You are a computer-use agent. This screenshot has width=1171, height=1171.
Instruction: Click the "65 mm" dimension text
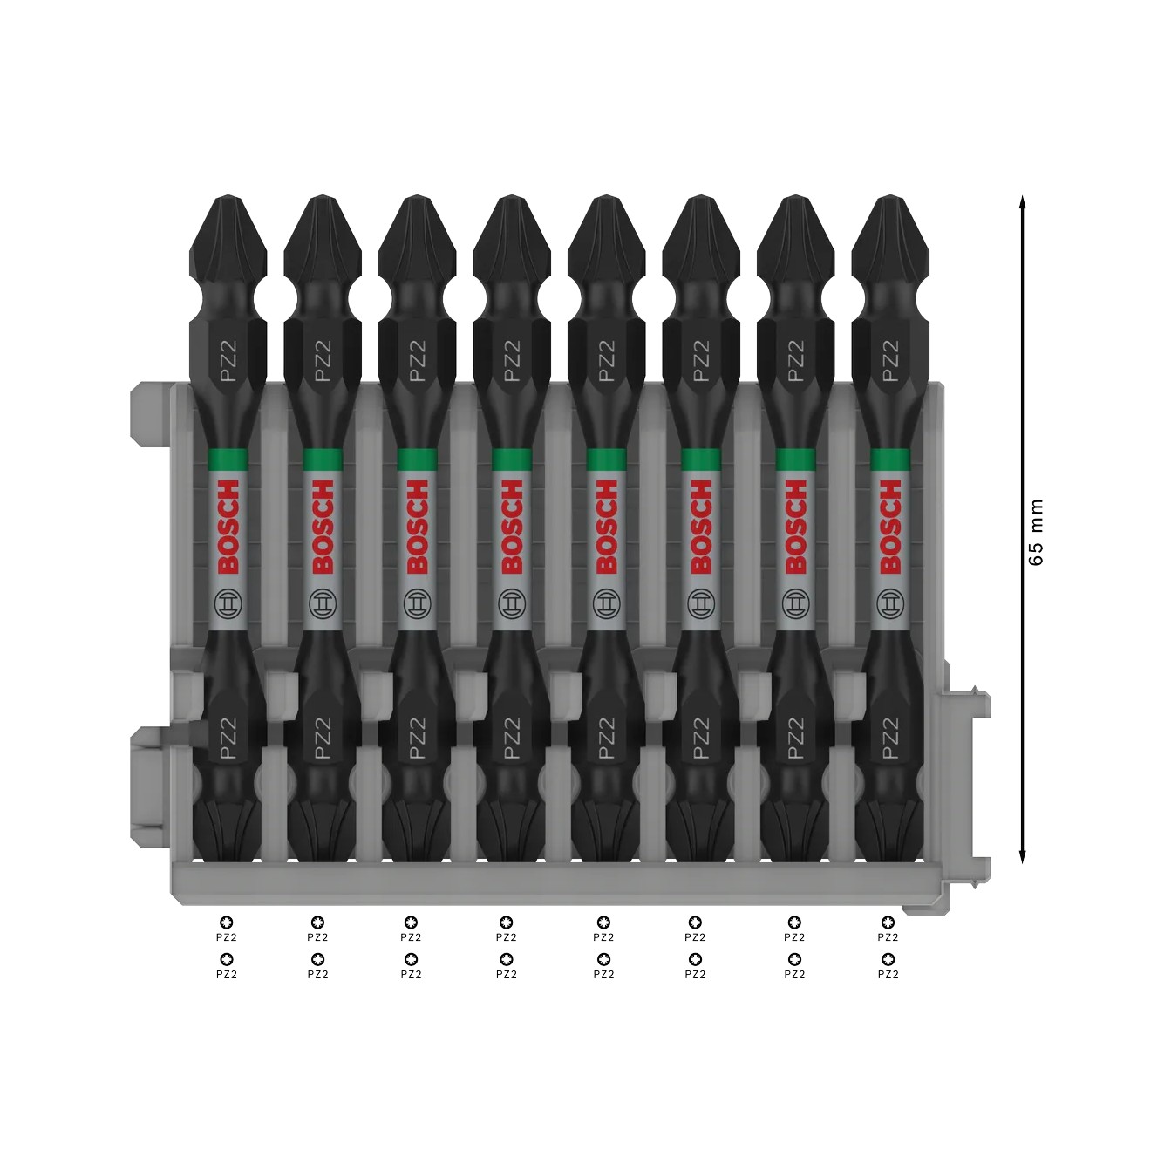click(1035, 532)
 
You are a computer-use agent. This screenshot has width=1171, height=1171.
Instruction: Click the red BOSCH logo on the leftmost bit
click(228, 527)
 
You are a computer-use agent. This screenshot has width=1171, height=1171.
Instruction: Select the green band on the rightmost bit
click(889, 460)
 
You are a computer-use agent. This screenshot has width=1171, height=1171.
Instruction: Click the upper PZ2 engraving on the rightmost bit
click(889, 360)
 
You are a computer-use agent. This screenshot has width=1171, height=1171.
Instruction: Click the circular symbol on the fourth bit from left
click(511, 602)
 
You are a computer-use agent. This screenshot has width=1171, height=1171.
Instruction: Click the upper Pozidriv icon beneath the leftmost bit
click(227, 922)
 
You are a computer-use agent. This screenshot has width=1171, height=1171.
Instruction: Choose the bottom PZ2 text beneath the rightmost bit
click(888, 974)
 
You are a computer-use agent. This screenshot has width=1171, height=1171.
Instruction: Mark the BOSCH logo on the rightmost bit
click(889, 527)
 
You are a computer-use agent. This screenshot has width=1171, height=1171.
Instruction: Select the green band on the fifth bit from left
click(606, 460)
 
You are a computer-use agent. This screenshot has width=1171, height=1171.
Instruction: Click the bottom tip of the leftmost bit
click(228, 837)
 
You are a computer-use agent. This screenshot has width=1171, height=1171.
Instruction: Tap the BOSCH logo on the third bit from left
click(417, 527)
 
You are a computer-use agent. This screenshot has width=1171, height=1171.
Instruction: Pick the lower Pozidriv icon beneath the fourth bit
click(506, 959)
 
